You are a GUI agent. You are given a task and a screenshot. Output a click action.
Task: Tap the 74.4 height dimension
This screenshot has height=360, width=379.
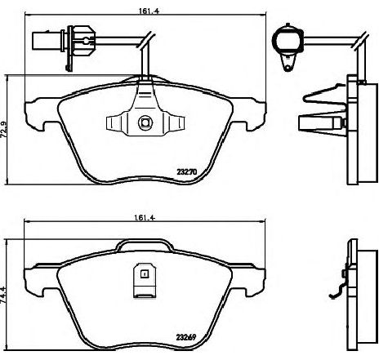(x=7, y=288)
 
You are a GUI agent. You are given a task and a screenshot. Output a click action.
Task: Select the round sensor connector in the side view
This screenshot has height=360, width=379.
(x=287, y=39)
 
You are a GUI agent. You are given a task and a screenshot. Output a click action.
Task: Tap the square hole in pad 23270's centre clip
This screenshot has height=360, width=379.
(x=144, y=124)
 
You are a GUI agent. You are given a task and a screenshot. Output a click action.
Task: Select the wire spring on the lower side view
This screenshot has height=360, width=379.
(x=336, y=292)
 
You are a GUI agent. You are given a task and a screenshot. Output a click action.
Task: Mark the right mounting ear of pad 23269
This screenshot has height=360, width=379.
(x=250, y=274)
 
